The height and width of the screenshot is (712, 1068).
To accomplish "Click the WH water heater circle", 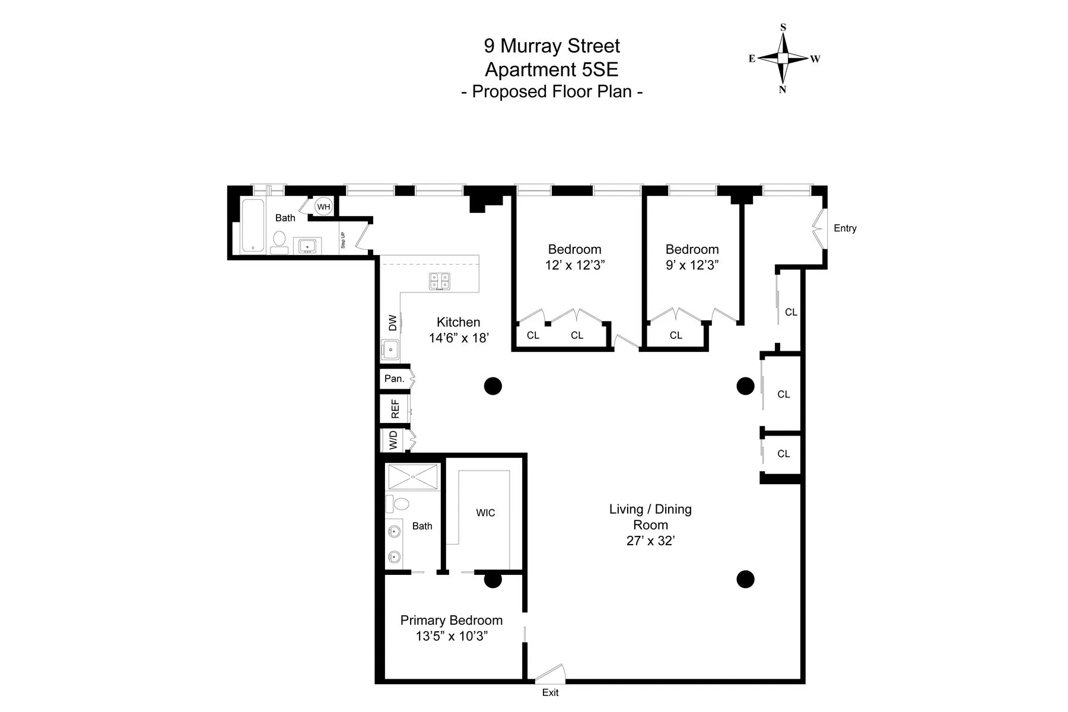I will click(x=323, y=207).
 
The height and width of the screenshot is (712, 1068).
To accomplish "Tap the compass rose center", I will click(x=783, y=58).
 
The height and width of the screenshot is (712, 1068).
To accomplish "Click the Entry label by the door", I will click(x=845, y=228).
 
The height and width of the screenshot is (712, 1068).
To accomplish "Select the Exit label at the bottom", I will click(x=550, y=692).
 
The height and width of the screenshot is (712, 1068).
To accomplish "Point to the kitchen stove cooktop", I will click(x=440, y=281).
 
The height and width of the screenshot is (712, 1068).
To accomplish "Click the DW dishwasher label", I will click(x=392, y=323).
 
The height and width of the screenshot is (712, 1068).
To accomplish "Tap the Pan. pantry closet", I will click(x=395, y=379).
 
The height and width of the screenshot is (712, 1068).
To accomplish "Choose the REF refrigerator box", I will click(x=395, y=409).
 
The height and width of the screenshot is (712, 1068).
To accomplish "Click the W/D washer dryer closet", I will click(x=393, y=440).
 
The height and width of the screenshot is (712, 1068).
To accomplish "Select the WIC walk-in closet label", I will click(x=485, y=513).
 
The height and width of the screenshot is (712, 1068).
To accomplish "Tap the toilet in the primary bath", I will click(x=399, y=504).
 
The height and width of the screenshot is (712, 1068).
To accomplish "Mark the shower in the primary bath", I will click(x=413, y=476).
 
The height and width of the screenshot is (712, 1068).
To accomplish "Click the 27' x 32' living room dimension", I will click(x=651, y=541).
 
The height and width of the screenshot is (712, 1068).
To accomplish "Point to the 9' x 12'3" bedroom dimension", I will click(x=692, y=265).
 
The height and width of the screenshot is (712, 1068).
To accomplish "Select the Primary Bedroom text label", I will click(x=451, y=621).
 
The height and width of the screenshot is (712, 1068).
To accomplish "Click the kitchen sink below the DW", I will click(x=390, y=349).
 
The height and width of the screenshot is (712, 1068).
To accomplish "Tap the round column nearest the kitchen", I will click(x=493, y=386).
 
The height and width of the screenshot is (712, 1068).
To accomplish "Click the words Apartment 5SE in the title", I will click(x=551, y=69).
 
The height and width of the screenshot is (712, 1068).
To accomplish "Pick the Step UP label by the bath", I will click(x=343, y=240).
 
